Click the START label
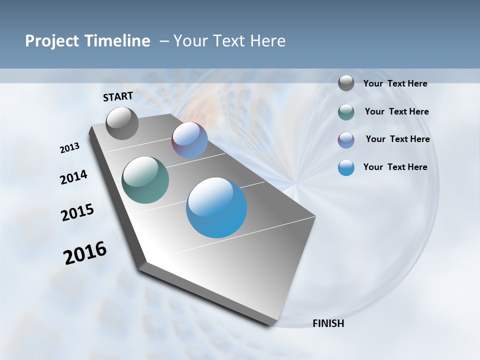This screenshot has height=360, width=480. (118, 96)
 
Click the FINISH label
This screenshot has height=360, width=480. (328, 323)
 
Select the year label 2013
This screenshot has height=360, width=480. (69, 148)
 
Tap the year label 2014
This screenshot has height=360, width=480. (73, 177)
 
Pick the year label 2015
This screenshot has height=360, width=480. (77, 212)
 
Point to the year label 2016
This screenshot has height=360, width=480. (85, 252)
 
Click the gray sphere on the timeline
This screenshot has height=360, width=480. (122, 123)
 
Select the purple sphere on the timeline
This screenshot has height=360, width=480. (189, 139)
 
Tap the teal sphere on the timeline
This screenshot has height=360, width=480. (145, 180)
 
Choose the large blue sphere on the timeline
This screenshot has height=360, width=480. (216, 207)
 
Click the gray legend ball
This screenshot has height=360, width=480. (346, 83)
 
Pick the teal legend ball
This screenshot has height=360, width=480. (346, 112)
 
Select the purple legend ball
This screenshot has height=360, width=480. (346, 140)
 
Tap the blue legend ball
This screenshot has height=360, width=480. (346, 167)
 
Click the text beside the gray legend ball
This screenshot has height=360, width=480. (395, 83)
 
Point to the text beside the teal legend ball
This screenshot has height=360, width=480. (396, 111)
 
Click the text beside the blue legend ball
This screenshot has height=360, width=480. (395, 167)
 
